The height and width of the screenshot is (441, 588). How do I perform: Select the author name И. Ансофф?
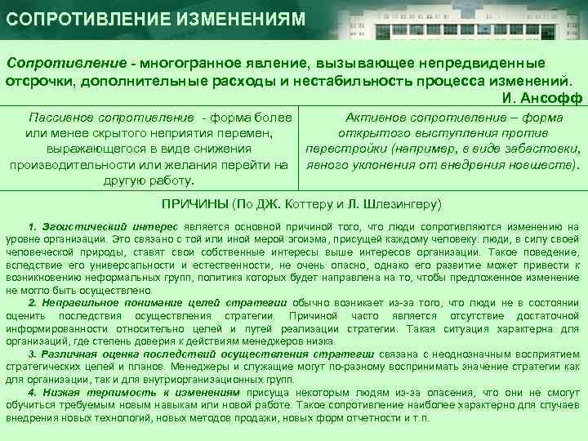539,98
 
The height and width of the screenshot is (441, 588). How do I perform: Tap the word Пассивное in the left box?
61,118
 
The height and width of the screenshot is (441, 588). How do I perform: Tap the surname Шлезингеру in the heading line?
396,203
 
